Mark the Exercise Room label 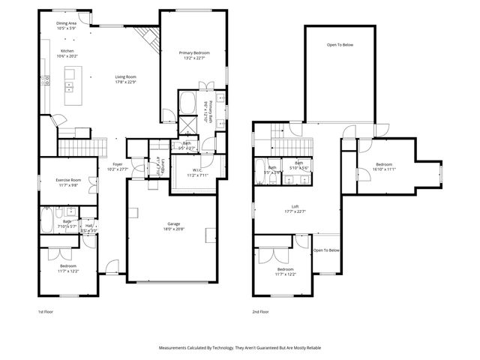click(67, 181)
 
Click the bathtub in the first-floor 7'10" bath click(46, 220)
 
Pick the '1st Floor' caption click(46, 311)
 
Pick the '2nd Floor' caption click(261, 311)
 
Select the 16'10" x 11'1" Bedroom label click(383, 166)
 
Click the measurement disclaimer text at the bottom click(239, 348)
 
